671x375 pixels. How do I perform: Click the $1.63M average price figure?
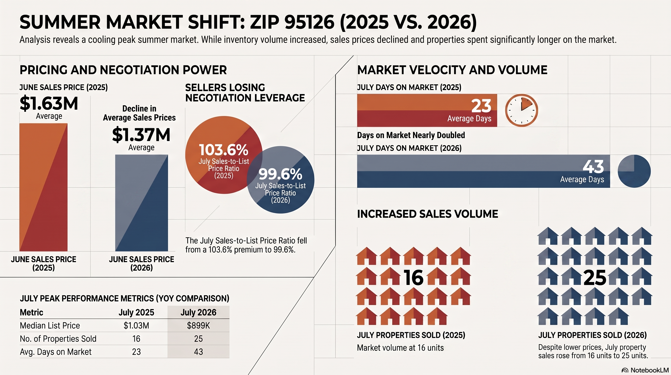49,104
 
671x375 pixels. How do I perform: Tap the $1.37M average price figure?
141,135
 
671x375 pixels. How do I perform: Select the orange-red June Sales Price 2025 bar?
43,187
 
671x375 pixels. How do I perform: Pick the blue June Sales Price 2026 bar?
141,203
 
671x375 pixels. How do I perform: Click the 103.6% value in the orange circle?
224,150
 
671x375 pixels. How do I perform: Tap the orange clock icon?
522,110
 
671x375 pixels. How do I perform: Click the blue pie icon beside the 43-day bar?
634,171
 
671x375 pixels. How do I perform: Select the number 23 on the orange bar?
481,106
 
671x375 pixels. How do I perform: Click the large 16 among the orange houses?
414,278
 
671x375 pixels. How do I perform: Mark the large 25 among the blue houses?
595,278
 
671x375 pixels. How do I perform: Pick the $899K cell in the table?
198,325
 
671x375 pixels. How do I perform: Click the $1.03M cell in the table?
136,325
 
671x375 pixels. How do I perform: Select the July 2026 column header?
198,312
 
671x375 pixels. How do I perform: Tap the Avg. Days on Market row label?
56,352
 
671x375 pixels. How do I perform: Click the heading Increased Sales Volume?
427,214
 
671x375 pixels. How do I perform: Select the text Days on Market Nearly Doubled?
411,135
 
